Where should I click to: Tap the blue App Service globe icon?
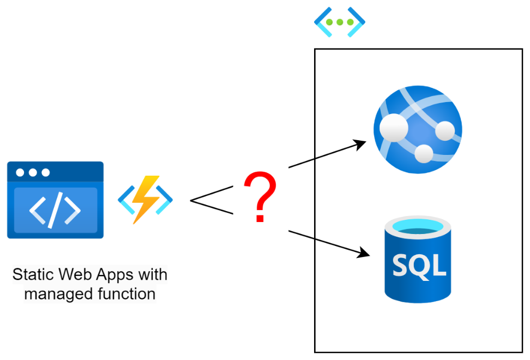pyautogui.click(x=418, y=129)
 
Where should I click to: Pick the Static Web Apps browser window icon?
pyautogui.click(x=55, y=200)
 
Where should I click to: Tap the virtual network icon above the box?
pyautogui.click(x=340, y=22)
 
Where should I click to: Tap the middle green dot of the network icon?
pyautogui.click(x=340, y=22)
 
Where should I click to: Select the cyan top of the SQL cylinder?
pyautogui.click(x=418, y=226)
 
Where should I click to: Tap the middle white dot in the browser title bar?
pyautogui.click(x=33, y=173)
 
